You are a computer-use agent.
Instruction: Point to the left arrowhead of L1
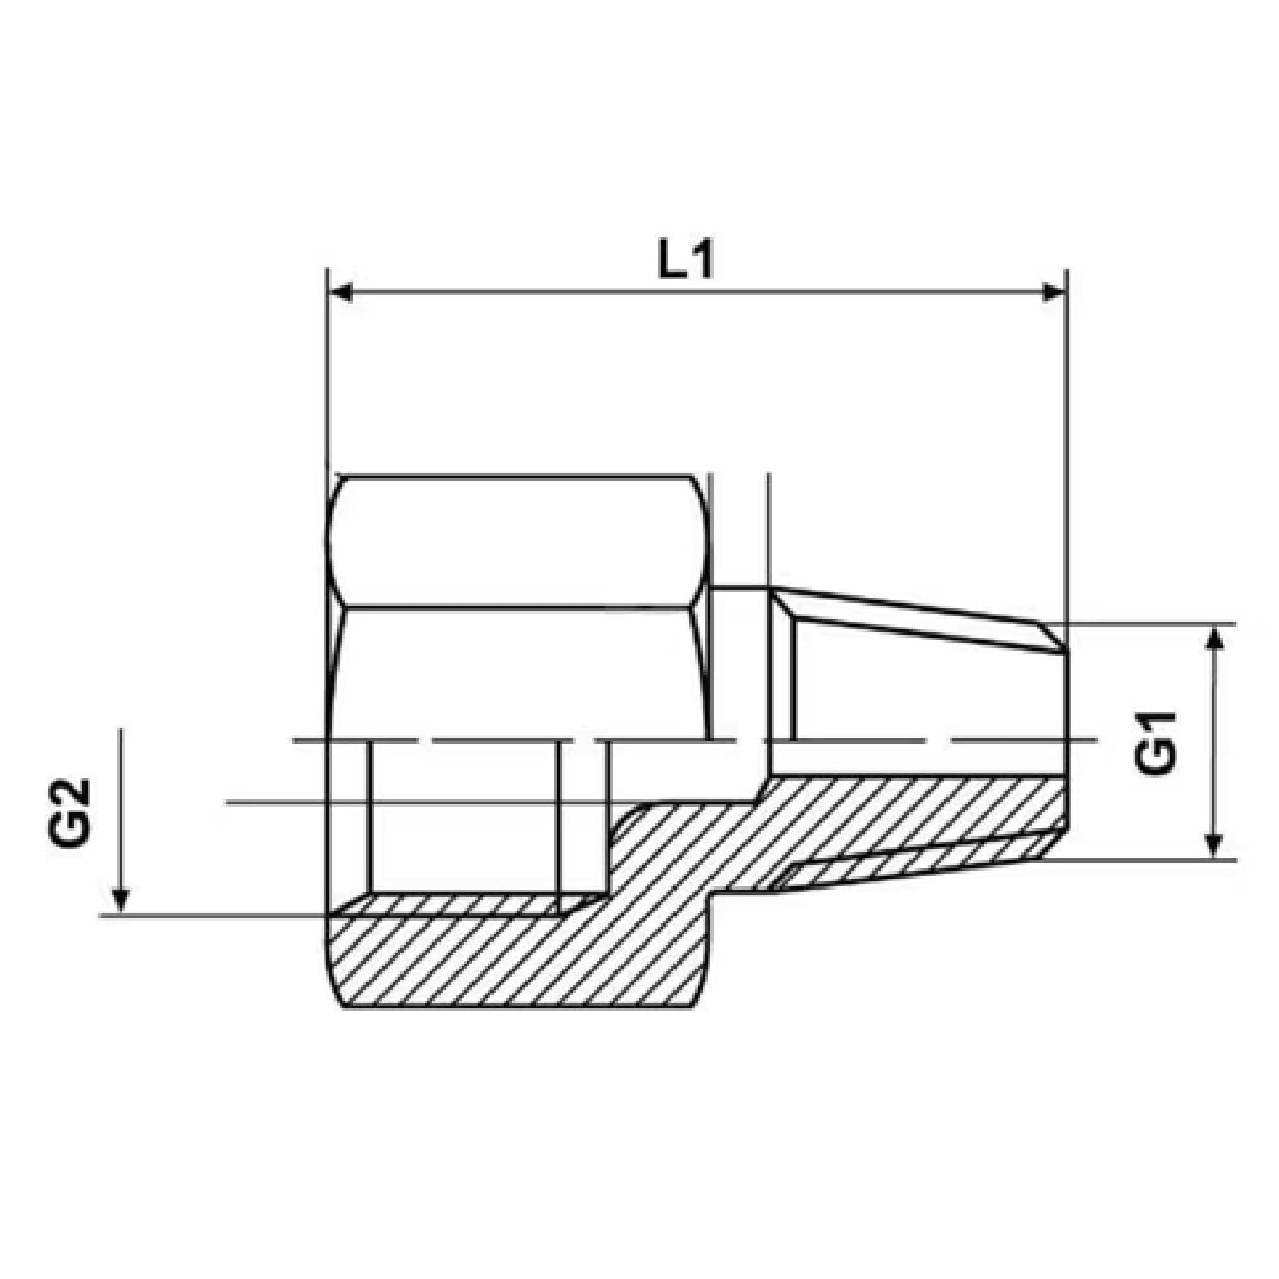(x=340, y=292)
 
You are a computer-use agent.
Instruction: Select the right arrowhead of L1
(x=1054, y=292)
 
